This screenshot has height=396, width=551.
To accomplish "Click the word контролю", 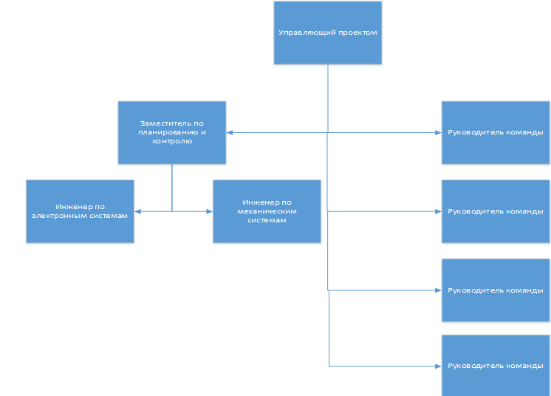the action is tap(172, 141).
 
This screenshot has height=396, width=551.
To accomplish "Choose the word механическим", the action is tap(267, 211).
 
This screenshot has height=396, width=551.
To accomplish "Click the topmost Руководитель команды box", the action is tap(496, 132).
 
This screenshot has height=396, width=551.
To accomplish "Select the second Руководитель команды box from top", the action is tap(496, 211).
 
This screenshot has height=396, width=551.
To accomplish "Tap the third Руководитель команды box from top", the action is tap(496, 290).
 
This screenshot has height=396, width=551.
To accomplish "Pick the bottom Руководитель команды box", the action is tap(496, 366).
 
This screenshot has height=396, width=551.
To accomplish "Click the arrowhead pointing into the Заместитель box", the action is tap(229, 132).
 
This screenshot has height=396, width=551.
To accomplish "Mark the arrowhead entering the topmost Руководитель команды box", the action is tap(438, 132).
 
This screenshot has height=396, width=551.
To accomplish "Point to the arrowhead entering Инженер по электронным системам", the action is tap(137, 211).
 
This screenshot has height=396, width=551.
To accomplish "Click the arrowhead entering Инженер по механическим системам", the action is tap(210, 211).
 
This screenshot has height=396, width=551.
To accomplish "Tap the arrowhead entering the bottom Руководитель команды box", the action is tap(438, 366).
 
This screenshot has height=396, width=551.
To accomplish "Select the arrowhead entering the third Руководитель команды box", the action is tap(438, 290).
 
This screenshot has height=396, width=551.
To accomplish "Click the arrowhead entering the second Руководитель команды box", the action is tap(438, 211).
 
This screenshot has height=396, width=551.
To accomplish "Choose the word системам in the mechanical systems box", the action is tap(267, 220).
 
